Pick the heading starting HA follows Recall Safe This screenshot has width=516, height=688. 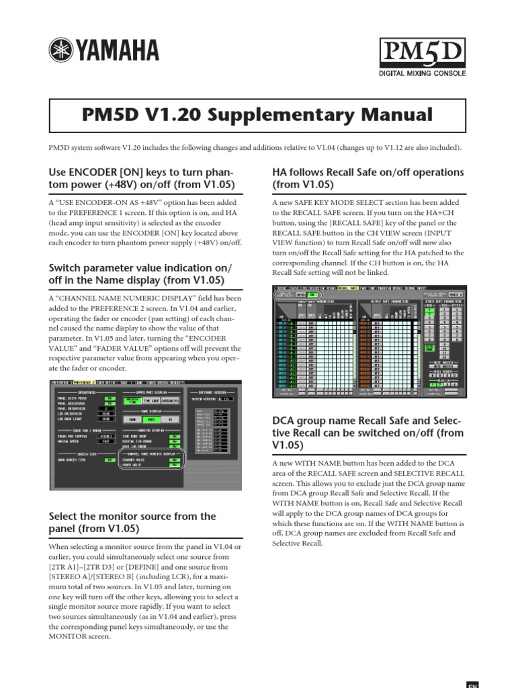point(368,178)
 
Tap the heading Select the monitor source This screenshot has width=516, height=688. point(132,522)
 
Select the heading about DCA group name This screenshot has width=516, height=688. point(368,431)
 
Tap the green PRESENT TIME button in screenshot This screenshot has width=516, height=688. point(132,400)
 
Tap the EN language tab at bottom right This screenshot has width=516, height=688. point(472,683)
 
